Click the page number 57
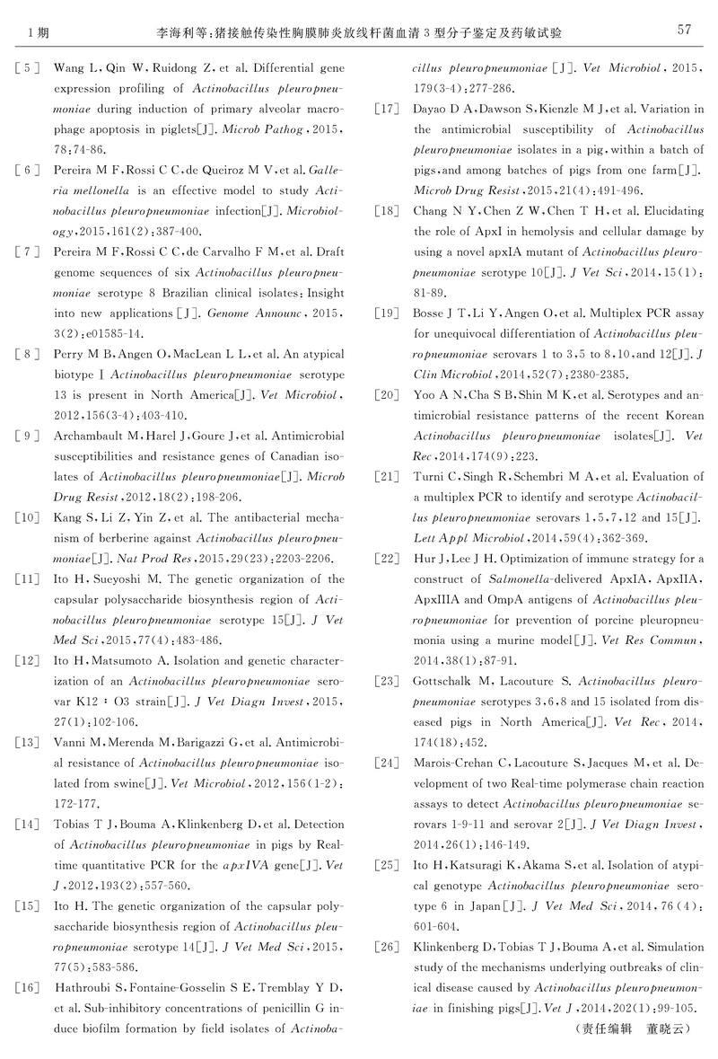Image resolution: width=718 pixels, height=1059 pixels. pos(683,30)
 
